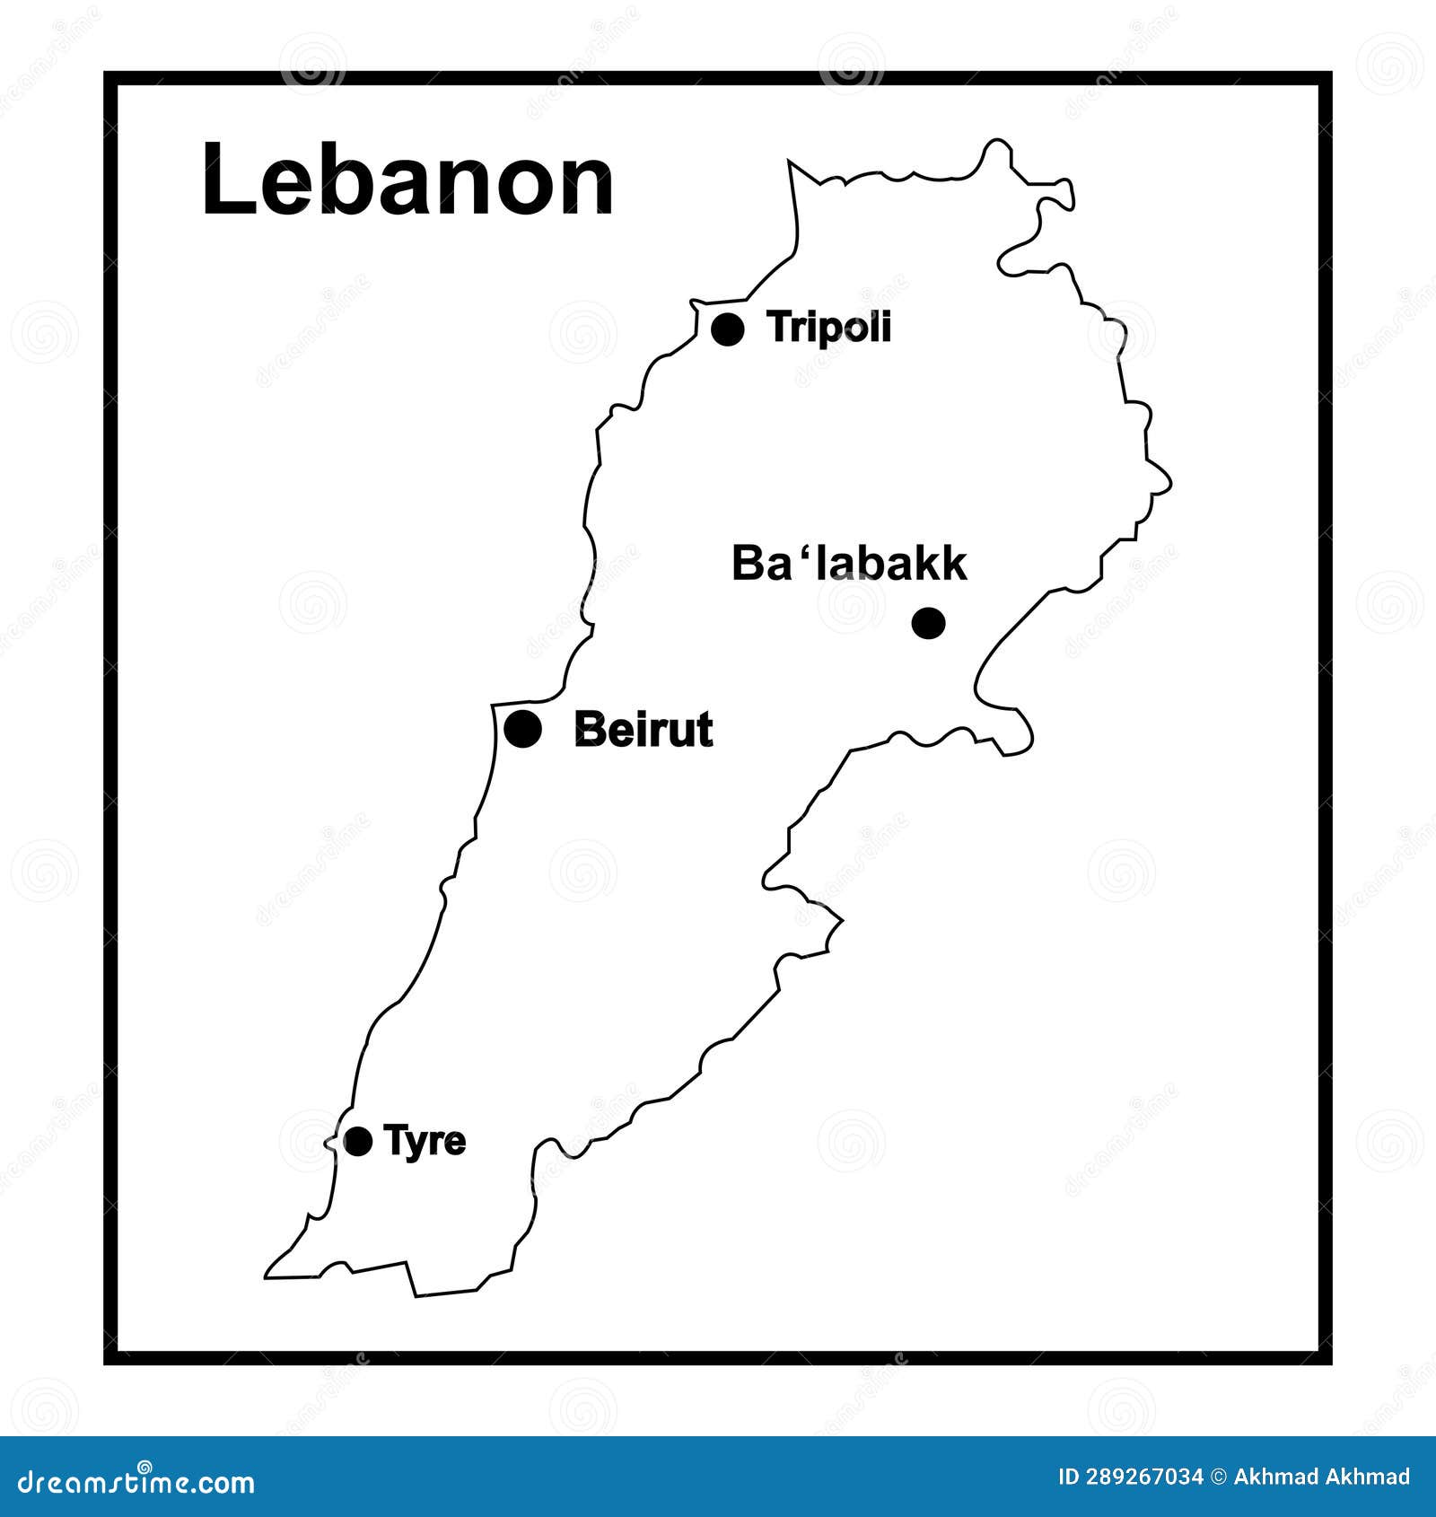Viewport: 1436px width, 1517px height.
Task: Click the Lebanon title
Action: pyautogui.click(x=407, y=180)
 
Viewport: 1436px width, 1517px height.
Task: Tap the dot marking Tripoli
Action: pyautogui.click(x=727, y=329)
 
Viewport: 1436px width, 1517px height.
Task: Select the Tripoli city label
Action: pyautogui.click(x=829, y=328)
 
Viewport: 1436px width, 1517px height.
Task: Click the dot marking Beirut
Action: pyautogui.click(x=523, y=728)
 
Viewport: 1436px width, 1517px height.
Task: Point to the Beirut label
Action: pyautogui.click(x=643, y=729)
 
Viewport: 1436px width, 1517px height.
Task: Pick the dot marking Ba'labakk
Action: pyautogui.click(x=928, y=622)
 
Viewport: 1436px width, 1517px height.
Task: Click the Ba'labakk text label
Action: pyautogui.click(x=849, y=564)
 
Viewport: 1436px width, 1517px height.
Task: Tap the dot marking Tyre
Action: pyautogui.click(x=358, y=1142)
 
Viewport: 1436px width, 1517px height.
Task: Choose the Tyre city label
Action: pyautogui.click(x=425, y=1141)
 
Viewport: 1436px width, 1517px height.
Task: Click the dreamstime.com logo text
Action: pyautogui.click(x=136, y=1482)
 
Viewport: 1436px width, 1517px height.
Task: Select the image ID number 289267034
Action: pyautogui.click(x=1146, y=1477)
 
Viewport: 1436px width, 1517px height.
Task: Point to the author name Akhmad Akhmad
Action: pyautogui.click(x=1322, y=1477)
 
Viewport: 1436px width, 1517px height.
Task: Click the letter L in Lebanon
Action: pyautogui.click(x=223, y=180)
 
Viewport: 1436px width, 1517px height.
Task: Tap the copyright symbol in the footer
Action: pyautogui.click(x=1219, y=1477)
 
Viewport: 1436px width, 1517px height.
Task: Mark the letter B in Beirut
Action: pyautogui.click(x=589, y=729)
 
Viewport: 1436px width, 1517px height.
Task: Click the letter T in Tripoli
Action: pyautogui.click(x=778, y=328)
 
